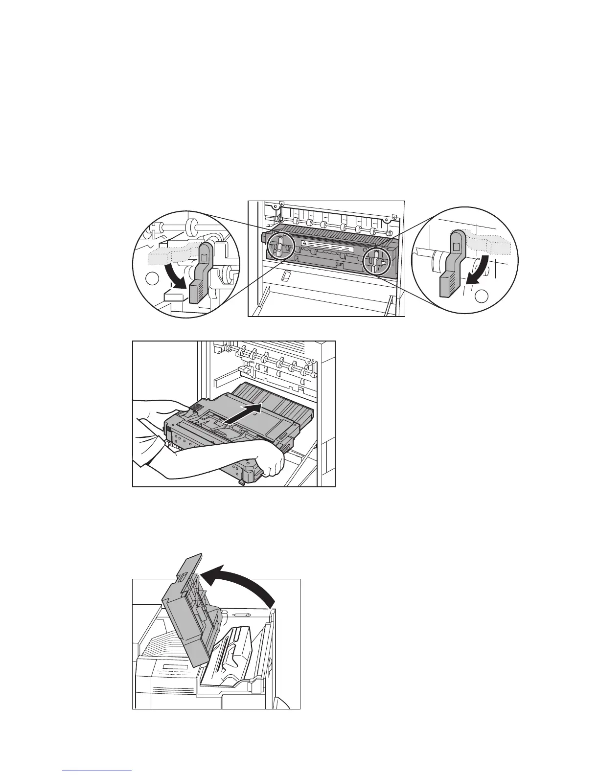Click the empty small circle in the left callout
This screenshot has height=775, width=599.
pyautogui.click(x=153, y=280)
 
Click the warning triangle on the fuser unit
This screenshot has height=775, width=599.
pyautogui.click(x=304, y=243)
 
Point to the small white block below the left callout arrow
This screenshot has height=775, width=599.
pyautogui.click(x=175, y=296)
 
